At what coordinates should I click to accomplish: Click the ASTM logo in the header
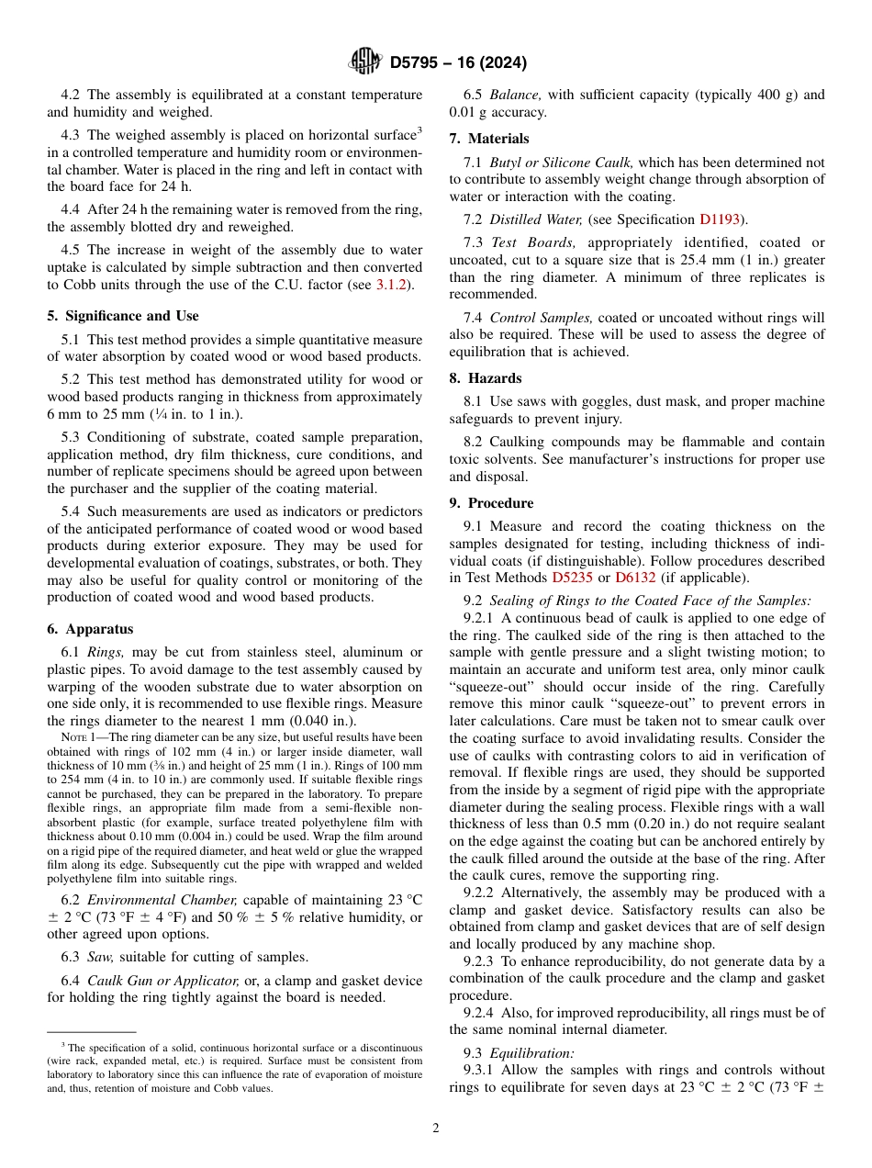[365, 62]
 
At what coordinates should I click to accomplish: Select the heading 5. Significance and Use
[123, 316]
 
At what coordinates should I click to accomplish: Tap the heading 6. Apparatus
[90, 629]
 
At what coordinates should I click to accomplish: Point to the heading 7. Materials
[489, 139]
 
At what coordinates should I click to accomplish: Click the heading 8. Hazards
[486, 378]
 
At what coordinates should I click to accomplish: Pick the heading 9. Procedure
[491, 503]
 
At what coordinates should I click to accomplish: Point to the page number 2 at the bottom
[436, 1129]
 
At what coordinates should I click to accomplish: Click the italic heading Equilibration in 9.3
[531, 1053]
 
